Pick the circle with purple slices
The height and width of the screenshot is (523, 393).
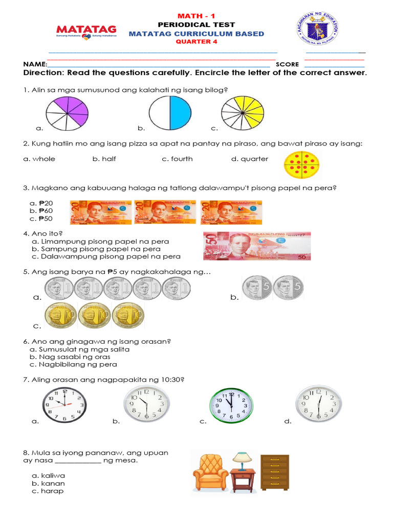coord(67,113)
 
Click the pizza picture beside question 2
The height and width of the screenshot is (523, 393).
coord(302,164)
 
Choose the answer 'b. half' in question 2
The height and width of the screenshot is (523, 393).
coord(104,159)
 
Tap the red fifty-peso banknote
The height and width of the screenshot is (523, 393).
coord(257,246)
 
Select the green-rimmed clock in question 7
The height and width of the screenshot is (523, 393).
coord(231,406)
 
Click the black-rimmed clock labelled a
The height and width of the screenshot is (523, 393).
coord(64,405)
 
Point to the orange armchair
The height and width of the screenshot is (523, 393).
coord(210,473)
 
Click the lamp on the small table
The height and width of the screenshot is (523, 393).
coord(240,459)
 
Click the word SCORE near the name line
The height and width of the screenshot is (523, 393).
coord(287,64)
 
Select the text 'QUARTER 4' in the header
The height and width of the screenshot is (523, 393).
coord(196,42)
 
